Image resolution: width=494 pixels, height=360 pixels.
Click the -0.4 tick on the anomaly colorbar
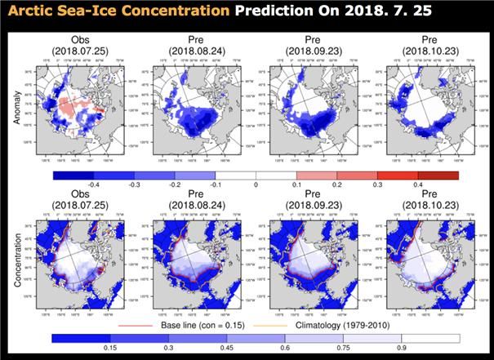(94, 185)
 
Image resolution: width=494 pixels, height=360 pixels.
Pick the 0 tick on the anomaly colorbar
(256, 185)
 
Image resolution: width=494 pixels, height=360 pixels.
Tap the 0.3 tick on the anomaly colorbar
(377, 185)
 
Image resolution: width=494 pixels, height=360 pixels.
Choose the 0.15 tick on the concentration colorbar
(107, 347)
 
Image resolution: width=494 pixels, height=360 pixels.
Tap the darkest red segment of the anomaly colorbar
(438, 175)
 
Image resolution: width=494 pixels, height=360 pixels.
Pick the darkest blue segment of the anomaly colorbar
(73, 175)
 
